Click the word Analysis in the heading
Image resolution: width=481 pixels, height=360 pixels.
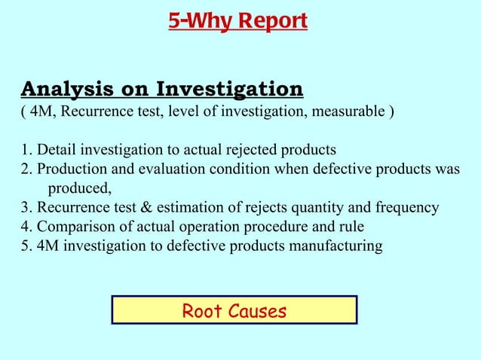pos(63,90)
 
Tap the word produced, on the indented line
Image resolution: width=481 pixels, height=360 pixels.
pos(80,188)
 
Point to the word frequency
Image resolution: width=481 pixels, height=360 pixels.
pos(410,207)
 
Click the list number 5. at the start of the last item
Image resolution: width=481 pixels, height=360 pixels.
pos(26,246)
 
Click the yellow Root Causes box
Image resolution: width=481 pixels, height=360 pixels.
pos(234,310)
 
